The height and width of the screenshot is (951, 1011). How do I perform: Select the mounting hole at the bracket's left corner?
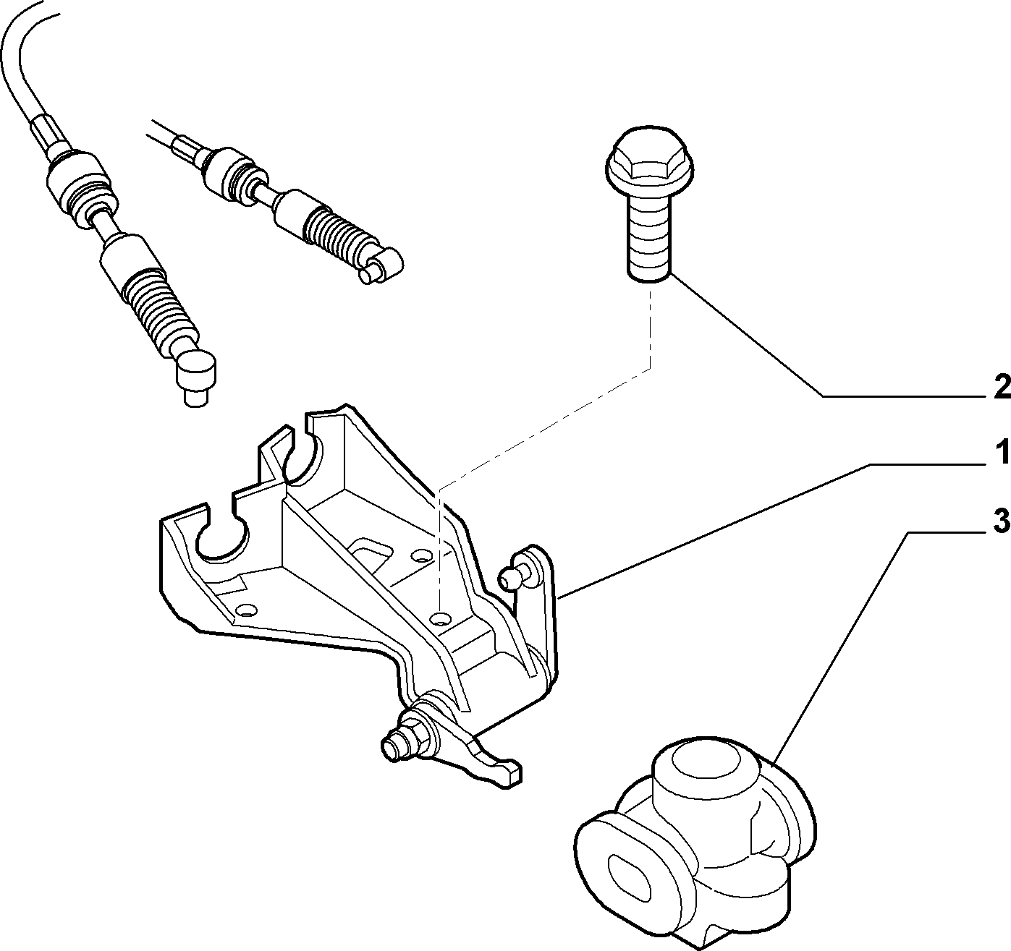click(246, 609)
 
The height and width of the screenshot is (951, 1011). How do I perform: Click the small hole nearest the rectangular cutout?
click(420, 554)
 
